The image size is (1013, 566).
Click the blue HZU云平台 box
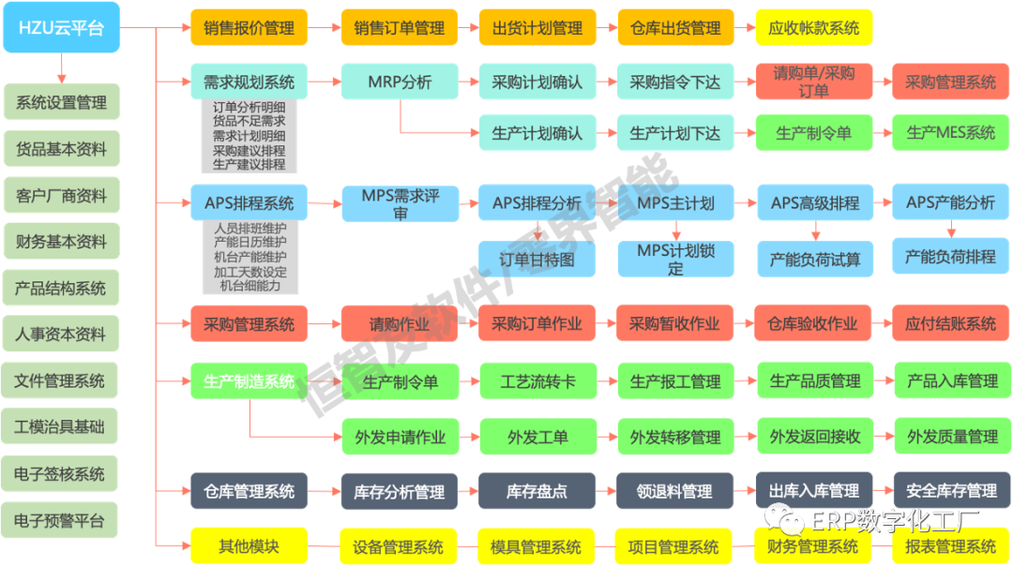tap(61, 27)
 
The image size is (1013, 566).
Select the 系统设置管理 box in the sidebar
tap(61, 102)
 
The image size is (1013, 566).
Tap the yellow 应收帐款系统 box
tap(813, 28)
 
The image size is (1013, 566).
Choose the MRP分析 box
tap(400, 82)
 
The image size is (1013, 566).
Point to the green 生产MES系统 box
tap(951, 133)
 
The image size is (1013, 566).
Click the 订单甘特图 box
tap(537, 260)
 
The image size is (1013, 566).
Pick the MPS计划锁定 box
tap(675, 260)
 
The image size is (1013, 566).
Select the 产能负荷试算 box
tap(814, 260)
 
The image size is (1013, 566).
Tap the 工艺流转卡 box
tap(537, 381)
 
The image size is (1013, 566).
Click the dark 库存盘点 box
tap(537, 491)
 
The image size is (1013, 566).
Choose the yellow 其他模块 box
tap(249, 545)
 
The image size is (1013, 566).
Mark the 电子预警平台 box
tap(61, 519)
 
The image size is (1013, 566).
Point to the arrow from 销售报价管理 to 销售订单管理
tap(325, 28)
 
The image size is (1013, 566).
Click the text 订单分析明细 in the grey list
tap(249, 108)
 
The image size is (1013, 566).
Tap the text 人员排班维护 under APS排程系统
tap(249, 229)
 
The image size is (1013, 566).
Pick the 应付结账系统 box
tap(951, 324)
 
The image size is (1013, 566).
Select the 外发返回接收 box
tap(814, 437)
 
